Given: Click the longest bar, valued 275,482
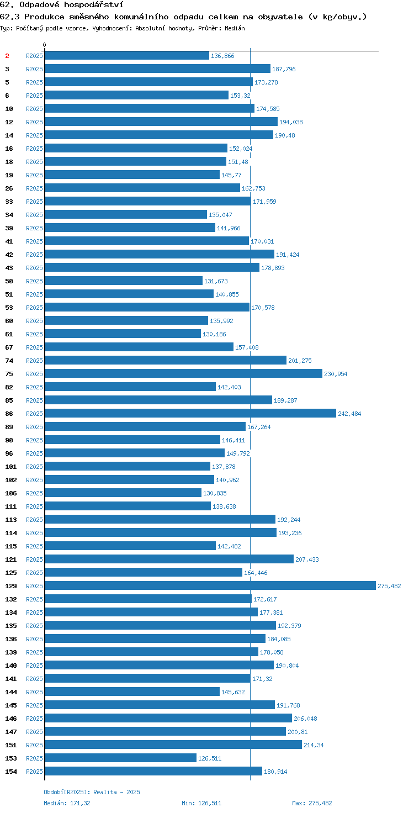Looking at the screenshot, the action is pos(210,585).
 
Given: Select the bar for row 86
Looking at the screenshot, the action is pos(190,413).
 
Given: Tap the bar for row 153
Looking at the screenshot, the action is pos(121,758).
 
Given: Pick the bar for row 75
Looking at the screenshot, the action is pos(184,373).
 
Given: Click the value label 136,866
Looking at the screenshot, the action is pos(222,56).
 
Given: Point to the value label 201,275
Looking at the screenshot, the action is pos(300,361).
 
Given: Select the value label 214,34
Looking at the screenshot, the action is pos(314,745).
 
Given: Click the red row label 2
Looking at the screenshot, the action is pos(7,56).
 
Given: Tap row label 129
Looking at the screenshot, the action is pos(11,586).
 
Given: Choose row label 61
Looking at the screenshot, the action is pos(9,334).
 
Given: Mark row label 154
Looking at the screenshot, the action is pos(11,771).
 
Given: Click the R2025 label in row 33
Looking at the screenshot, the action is pos(34,202).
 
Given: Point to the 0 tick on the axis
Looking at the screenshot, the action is pos(44,45).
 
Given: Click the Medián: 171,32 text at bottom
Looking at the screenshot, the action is pos(67,803).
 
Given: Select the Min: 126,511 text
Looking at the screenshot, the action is pos(201,803).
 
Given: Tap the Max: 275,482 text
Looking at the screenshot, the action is pos(312,803).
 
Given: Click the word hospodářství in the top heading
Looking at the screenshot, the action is pos(94,5).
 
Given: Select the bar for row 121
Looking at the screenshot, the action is pos(169,559).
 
